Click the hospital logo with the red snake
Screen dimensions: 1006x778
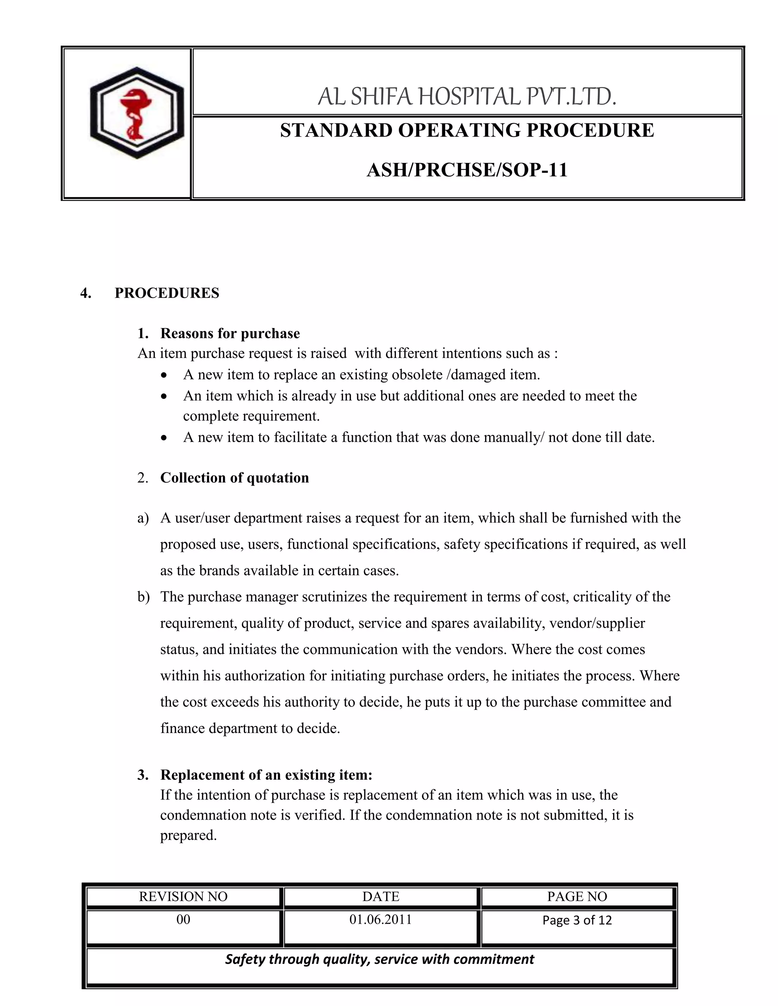(136, 113)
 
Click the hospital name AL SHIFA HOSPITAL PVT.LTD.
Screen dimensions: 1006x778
(466, 97)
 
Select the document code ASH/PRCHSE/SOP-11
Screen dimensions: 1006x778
(466, 170)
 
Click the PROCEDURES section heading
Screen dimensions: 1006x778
(167, 293)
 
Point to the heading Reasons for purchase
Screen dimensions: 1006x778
(229, 333)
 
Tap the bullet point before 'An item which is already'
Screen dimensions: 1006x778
(164, 396)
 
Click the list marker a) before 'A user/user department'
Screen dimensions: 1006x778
(143, 518)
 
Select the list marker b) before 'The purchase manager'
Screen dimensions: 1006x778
(143, 597)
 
